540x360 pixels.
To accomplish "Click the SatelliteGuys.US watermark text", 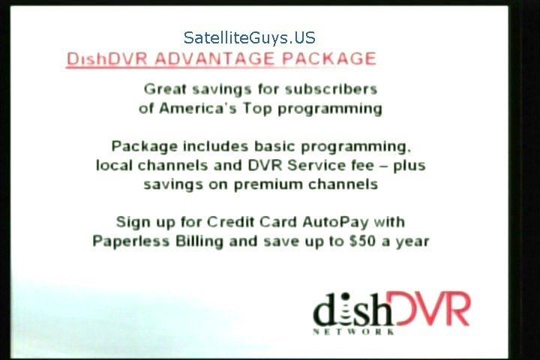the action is [x=249, y=37].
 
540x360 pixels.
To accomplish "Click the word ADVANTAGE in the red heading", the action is [x=214, y=58].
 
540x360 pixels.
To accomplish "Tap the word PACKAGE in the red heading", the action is [x=329, y=58].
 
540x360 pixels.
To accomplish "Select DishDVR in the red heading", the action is [x=106, y=59].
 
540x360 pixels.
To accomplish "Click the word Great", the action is [x=165, y=89].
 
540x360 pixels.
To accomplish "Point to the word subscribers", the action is [x=331, y=89].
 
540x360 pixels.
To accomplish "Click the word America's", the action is [x=198, y=108].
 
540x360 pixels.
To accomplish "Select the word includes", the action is [x=215, y=146].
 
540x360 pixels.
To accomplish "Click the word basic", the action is [x=274, y=146].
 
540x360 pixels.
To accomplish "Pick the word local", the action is [x=114, y=165].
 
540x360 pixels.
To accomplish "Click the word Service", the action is [x=330, y=165].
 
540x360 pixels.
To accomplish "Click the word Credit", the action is [x=230, y=222].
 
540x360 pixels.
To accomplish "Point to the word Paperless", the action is [x=131, y=241].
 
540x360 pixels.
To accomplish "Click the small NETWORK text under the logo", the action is [x=354, y=331].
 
